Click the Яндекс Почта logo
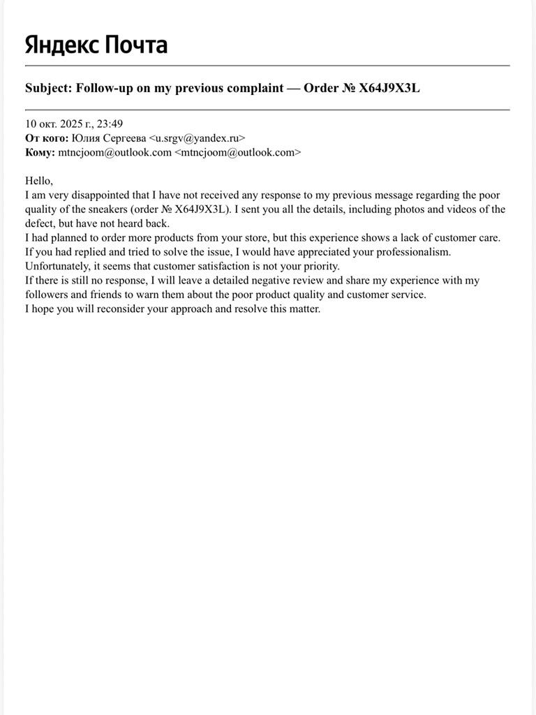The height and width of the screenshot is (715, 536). pos(96,45)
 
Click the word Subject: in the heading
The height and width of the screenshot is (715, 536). pos(49,88)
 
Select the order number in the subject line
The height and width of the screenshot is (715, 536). pos(389,88)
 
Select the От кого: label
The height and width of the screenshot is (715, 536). pos(47,138)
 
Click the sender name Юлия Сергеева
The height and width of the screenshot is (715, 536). pos(109,138)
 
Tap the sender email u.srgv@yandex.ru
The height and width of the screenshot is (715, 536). pos(197,138)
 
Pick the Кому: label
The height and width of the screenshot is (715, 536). pos(40,152)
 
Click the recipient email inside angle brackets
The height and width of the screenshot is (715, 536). pos(237,152)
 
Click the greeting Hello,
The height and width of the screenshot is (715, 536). pos(39,181)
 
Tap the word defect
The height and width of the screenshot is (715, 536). pos(40,223)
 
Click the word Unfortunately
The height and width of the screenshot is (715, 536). pos(59,266)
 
